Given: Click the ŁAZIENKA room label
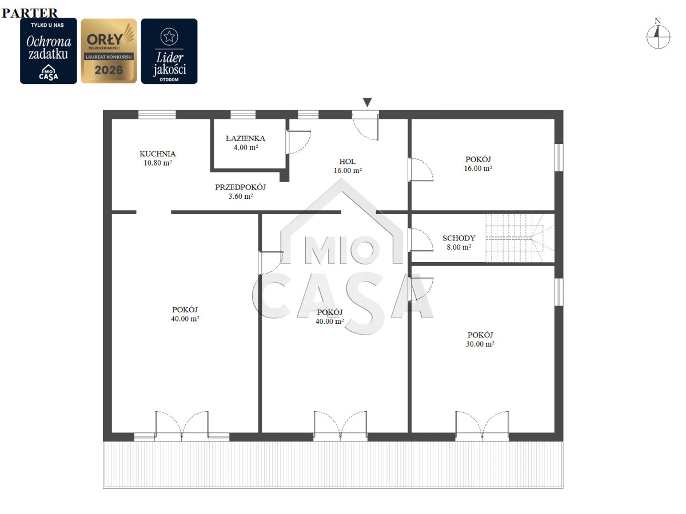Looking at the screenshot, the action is (245, 138).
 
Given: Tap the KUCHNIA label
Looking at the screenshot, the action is (158, 154).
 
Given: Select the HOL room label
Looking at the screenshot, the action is (347, 162).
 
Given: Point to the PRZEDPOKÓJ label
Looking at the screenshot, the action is (240, 187).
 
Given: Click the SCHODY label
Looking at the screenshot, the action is (458, 238).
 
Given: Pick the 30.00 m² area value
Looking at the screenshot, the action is (480, 344).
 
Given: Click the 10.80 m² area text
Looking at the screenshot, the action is (158, 163).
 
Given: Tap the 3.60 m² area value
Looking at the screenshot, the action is (240, 196).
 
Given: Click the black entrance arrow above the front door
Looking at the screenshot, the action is (367, 102).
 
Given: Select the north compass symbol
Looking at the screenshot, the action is (658, 34).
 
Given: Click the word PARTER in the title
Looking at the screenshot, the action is (30, 13).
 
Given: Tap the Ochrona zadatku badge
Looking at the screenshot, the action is (49, 51).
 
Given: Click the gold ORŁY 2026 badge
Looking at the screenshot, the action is (109, 51).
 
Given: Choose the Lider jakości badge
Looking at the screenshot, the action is (169, 51).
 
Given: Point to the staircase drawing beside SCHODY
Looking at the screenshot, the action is (520, 238).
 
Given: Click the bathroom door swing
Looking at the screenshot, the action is (298, 142).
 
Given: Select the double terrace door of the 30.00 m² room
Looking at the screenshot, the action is (482, 426).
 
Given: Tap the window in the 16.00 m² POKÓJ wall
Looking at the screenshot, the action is (559, 157).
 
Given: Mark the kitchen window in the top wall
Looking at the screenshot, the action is (157, 115).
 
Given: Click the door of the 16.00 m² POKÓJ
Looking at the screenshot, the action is (420, 170).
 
